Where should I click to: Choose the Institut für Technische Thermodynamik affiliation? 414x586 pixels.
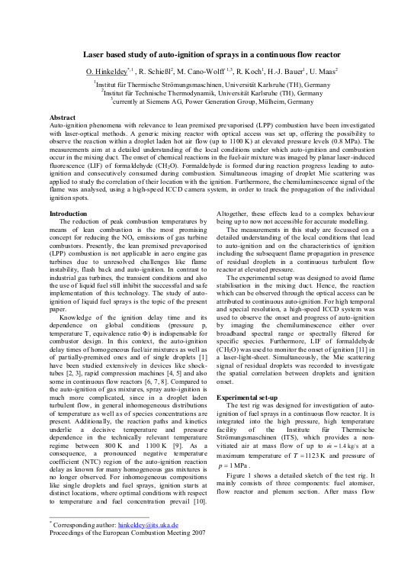pos(207,92)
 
